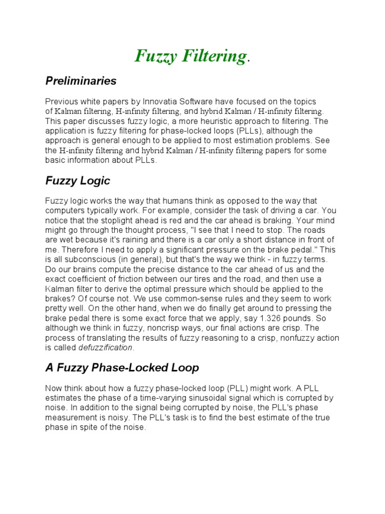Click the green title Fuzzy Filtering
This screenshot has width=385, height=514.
(190, 56)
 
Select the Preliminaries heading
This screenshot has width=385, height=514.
(81, 81)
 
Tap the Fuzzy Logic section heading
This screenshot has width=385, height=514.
(78, 181)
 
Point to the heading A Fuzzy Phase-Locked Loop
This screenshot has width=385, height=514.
(122, 368)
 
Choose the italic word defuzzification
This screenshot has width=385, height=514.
(105, 347)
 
